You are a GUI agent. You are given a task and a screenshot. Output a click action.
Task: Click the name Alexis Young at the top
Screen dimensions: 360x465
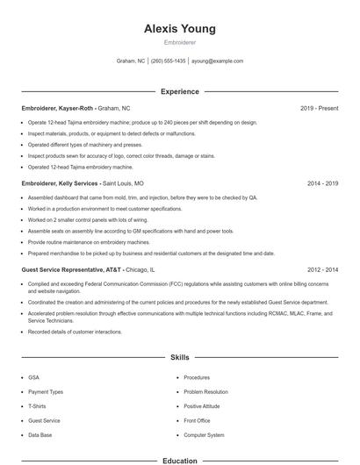pyautogui.click(x=179, y=29)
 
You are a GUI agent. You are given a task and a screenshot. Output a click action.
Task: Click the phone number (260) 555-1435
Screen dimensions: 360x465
pyautogui.click(x=168, y=61)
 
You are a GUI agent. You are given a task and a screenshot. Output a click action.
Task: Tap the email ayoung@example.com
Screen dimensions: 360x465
pyautogui.click(x=217, y=61)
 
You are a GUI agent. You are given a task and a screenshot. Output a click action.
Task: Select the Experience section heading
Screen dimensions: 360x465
pyautogui.click(x=179, y=91)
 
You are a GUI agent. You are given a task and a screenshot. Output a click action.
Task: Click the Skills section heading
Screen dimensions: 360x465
pyautogui.click(x=179, y=358)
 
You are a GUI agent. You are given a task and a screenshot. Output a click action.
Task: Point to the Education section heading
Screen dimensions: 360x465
pyautogui.click(x=179, y=460)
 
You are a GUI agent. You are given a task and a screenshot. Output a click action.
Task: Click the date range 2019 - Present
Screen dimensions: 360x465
pyautogui.click(x=319, y=108)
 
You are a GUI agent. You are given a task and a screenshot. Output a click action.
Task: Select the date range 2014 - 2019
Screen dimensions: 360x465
pyautogui.click(x=322, y=183)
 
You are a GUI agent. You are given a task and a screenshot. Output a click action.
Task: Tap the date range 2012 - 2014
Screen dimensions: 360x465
pyautogui.click(x=322, y=270)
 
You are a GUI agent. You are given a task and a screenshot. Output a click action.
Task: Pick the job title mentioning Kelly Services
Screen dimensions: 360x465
pyautogui.click(x=83, y=183)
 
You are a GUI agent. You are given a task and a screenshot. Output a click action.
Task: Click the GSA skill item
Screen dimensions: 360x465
pyautogui.click(x=34, y=376)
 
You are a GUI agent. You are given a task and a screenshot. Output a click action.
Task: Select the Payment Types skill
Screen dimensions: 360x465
pyautogui.click(x=46, y=391)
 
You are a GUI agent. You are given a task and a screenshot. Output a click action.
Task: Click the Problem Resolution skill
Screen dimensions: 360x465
pyautogui.click(x=205, y=391)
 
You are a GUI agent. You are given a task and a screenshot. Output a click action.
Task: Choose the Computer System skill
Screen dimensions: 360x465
pyautogui.click(x=205, y=435)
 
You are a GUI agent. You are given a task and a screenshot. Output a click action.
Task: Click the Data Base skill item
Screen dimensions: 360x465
pyautogui.click(x=40, y=435)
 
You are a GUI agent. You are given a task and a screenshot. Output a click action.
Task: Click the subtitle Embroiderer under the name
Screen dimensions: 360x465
pyautogui.click(x=179, y=42)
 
